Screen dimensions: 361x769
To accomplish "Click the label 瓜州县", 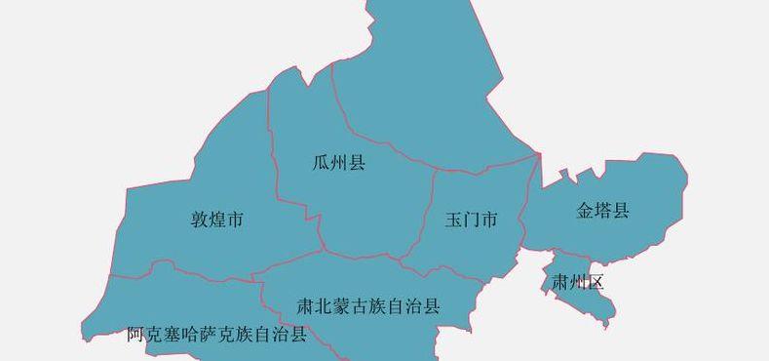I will point(339,163).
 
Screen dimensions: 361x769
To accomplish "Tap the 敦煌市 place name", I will point(217,220).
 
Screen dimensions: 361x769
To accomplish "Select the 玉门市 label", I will point(472,220).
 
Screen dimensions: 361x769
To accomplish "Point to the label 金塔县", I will point(603,210).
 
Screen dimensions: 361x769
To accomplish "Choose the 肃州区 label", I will point(578,283).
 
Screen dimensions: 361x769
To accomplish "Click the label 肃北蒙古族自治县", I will point(368,306).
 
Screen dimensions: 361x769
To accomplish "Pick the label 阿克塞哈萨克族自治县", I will point(216,335).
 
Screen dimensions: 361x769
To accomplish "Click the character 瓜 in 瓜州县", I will point(322,163).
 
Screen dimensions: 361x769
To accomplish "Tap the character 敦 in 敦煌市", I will point(200,220).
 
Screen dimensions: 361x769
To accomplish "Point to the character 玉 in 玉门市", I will point(454,220).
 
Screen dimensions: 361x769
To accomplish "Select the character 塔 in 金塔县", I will point(603,210).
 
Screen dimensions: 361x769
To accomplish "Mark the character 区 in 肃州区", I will point(596,283).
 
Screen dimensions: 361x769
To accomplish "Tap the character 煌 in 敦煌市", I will point(217,220).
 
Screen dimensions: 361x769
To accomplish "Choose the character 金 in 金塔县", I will point(586,210).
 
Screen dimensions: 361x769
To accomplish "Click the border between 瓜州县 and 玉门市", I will point(427,210).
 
